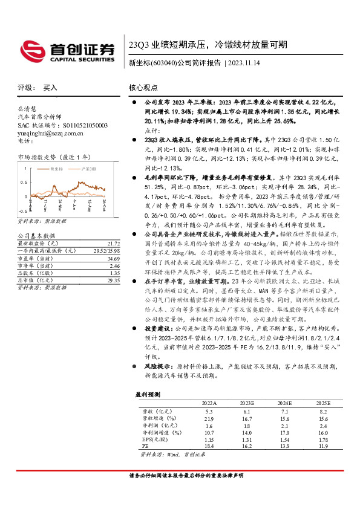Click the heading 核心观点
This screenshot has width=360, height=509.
pyautogui.click(x=143, y=87)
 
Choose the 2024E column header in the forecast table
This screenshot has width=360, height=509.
pyautogui.click(x=285, y=402)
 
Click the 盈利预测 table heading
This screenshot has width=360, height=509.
pyautogui.click(x=146, y=394)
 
